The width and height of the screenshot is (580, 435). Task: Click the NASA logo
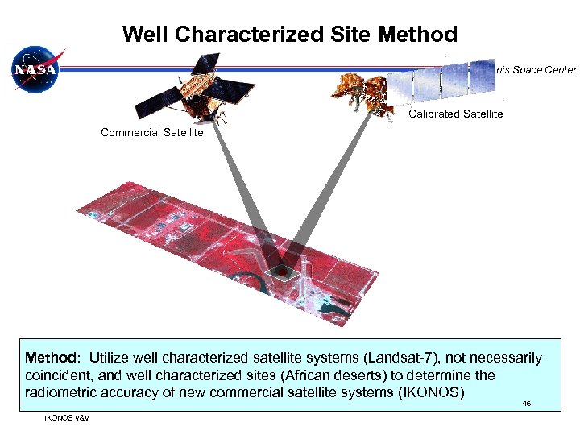[35, 70]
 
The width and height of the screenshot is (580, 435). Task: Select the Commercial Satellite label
[151, 132]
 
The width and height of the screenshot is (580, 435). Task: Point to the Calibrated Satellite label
[455, 114]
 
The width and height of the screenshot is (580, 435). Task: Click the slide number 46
[526, 403]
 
